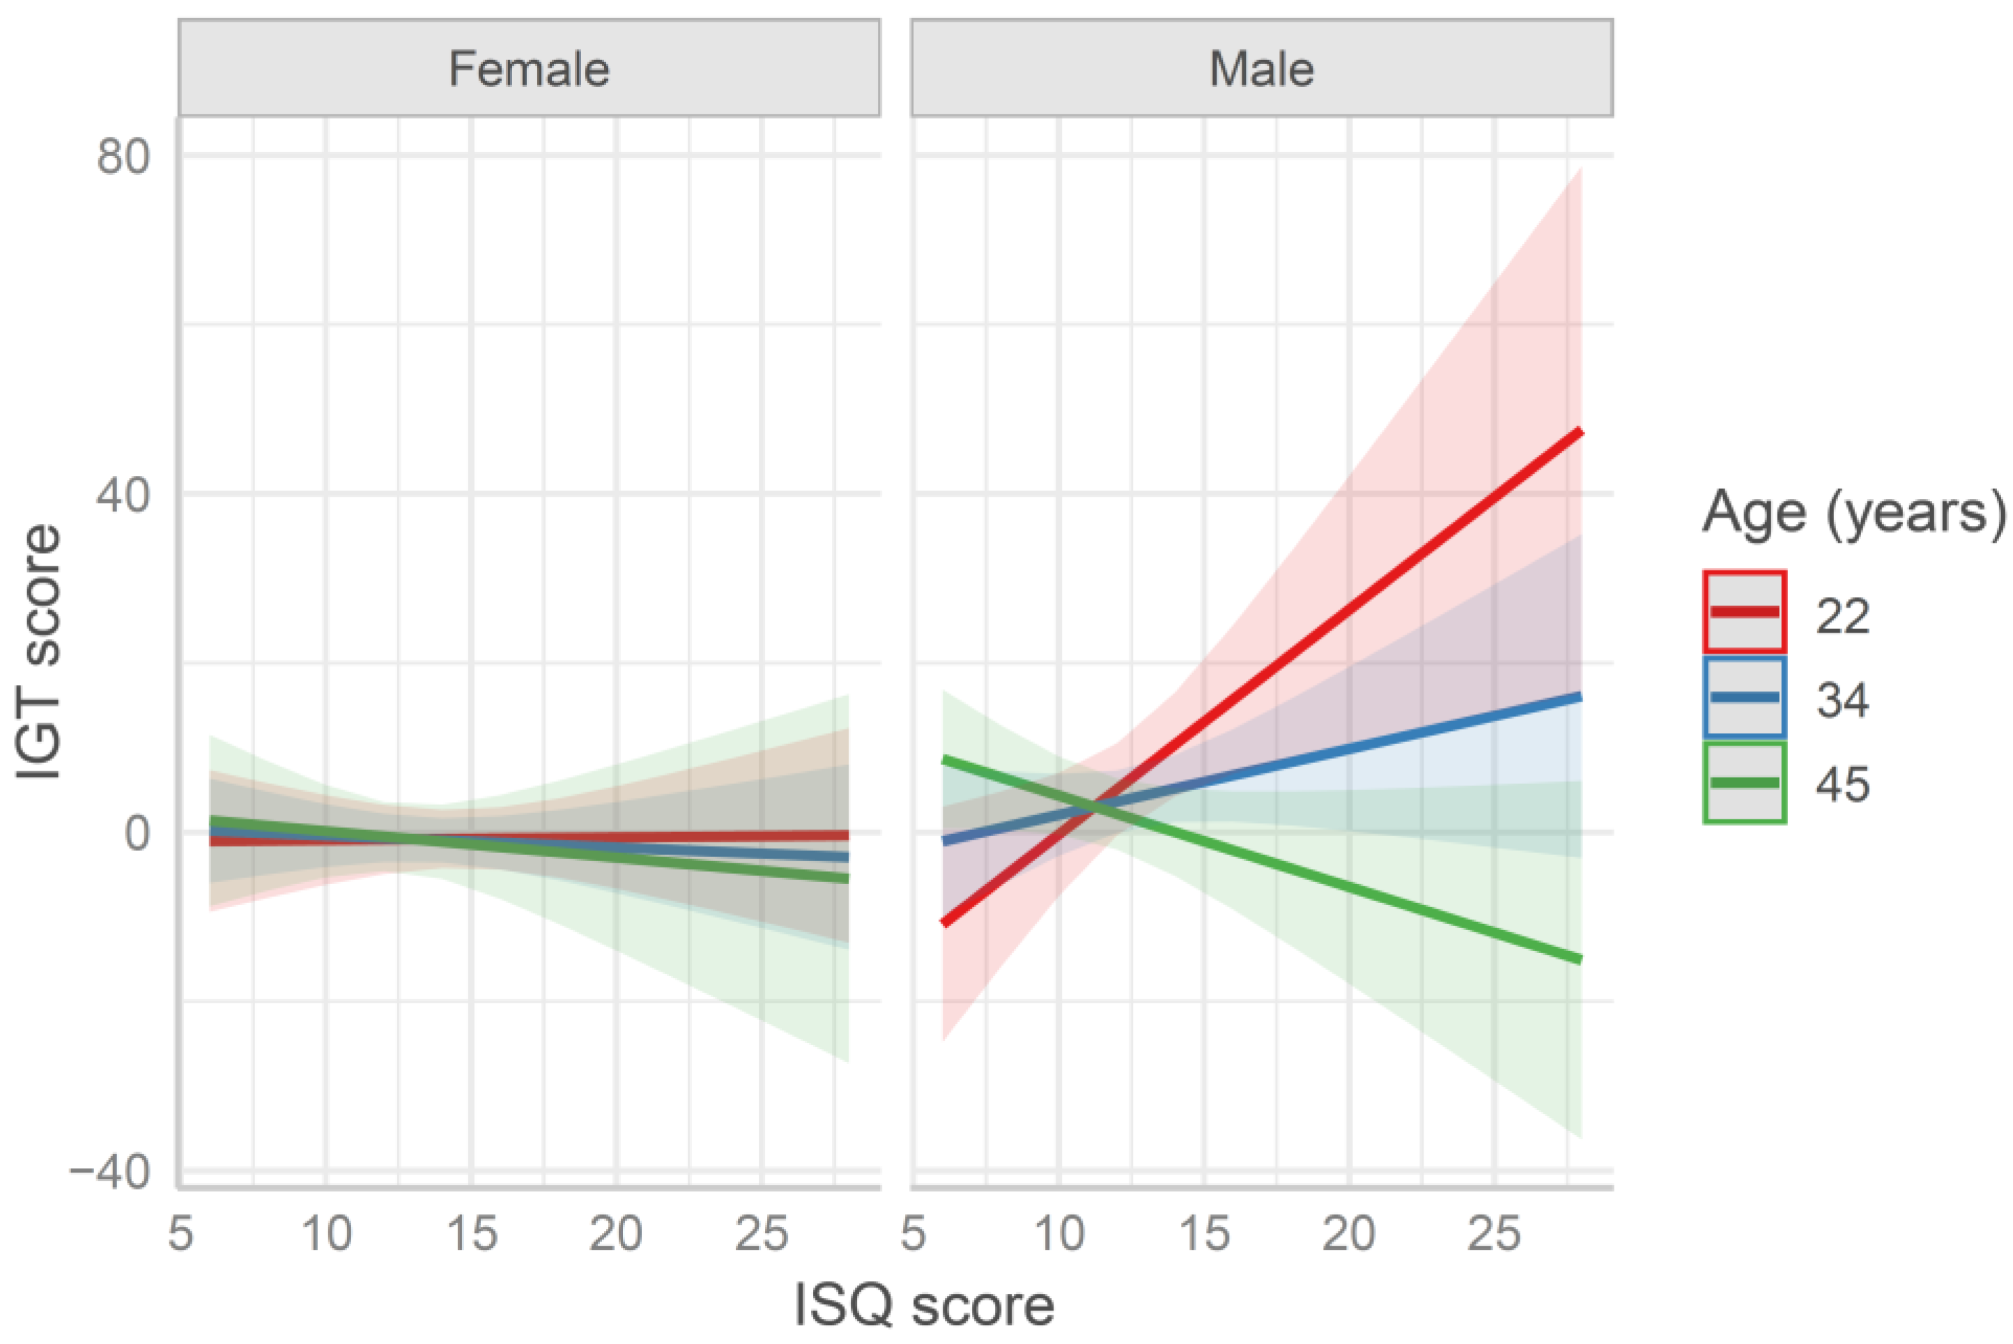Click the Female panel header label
click(529, 68)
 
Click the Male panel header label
click(1260, 68)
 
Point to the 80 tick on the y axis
click(123, 156)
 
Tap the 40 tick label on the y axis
click(123, 495)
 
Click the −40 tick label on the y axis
click(109, 1171)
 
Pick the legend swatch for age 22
click(1745, 612)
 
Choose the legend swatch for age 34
click(1745, 697)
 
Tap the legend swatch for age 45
click(1745, 782)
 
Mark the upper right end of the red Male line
click(1580, 433)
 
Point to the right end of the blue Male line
click(1580, 697)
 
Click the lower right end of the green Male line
click(1580, 959)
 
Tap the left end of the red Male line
click(944, 922)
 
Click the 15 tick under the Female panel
click(471, 1235)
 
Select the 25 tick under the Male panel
click(1494, 1235)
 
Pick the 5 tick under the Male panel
click(913, 1235)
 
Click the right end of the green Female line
click(847, 879)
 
